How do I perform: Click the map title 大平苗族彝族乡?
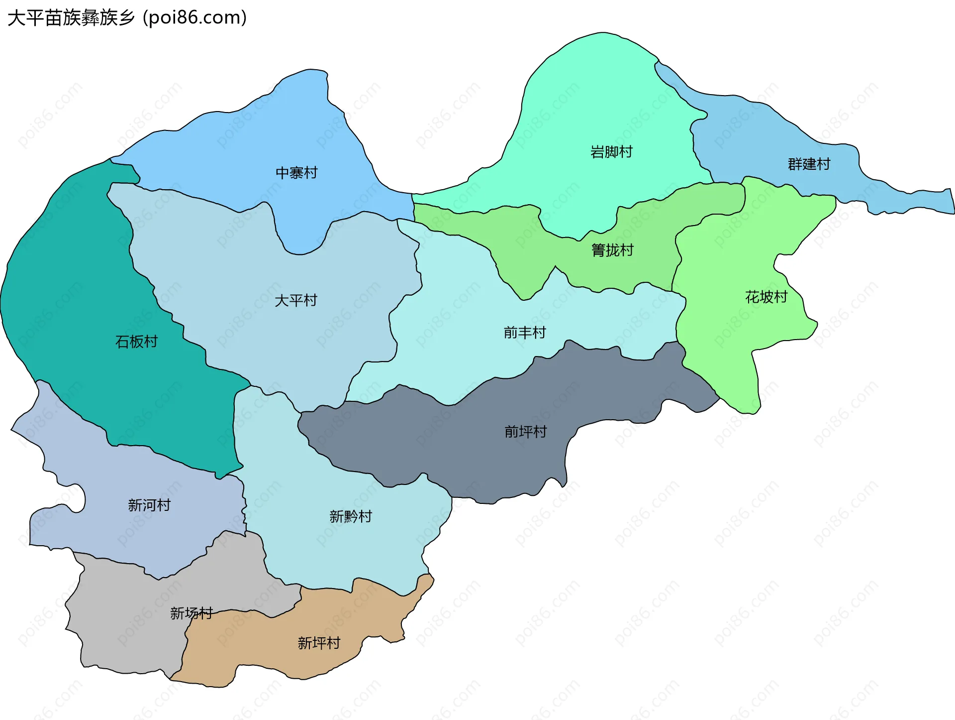[x=71, y=18]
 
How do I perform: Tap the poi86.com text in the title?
[x=194, y=18]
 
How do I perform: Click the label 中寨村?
[x=296, y=173]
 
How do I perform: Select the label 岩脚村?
[x=611, y=152]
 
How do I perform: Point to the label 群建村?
[x=809, y=164]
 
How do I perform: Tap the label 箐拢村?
[x=612, y=250]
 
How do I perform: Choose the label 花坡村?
[x=766, y=297]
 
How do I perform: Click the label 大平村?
[x=295, y=300]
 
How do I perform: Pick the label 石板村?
[x=136, y=342]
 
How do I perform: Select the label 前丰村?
[x=525, y=332]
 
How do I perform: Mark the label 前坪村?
[x=525, y=431]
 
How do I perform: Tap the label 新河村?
[x=149, y=505]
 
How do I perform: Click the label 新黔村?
[x=350, y=516]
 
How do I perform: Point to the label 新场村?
[x=191, y=613]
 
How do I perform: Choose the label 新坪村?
[x=319, y=643]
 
